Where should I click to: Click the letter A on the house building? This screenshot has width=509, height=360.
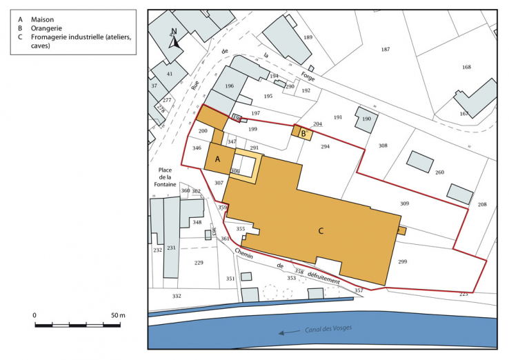pos(218,159)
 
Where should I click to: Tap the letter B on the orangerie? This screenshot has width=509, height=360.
pos(302,133)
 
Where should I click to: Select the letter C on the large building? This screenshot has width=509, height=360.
pos(321,230)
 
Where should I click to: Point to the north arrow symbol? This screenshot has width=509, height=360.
pos(175,39)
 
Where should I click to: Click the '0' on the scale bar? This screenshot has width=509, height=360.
pos(35,315)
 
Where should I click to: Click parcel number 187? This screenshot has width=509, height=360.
pos(385,49)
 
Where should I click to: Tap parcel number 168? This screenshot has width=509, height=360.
pos(466,67)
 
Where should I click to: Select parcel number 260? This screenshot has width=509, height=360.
pos(439,172)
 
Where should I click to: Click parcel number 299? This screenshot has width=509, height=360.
pos(402,262)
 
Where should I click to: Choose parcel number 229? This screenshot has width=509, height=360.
pos(199,263)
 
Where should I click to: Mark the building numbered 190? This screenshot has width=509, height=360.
pos(366,119)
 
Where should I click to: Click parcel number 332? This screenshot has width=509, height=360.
pos(177,296)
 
